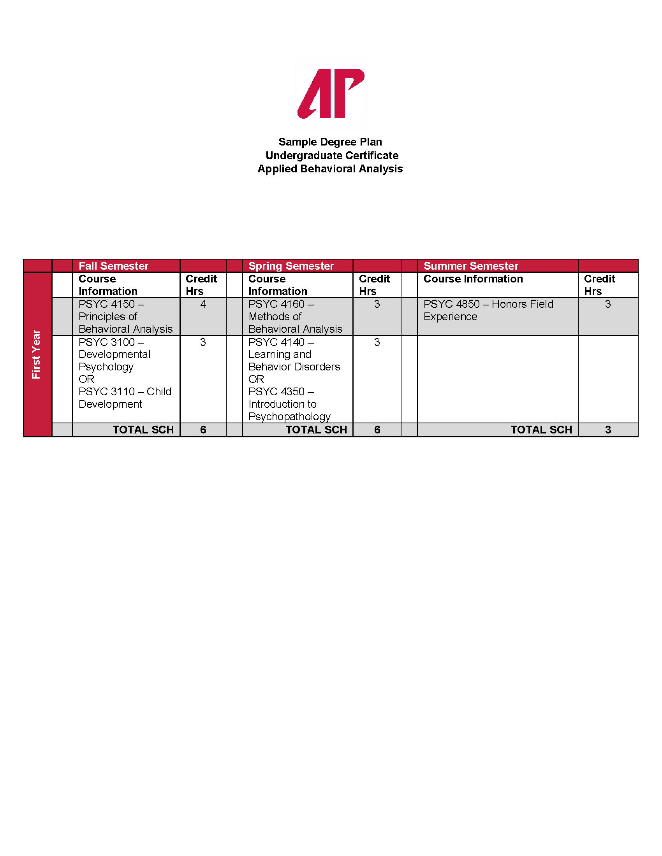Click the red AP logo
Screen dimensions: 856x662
coord(331,94)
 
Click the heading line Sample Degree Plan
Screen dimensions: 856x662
coord(330,142)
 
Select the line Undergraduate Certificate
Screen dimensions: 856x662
coord(331,156)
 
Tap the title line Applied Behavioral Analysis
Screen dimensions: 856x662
coord(330,169)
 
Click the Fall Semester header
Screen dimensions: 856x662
coord(113,266)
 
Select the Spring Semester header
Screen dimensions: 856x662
coord(291,266)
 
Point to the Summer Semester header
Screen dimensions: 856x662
coord(471,266)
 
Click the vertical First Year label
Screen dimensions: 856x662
coord(37,354)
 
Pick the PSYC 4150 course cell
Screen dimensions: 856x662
coord(125,316)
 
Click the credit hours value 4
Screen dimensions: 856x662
coord(203,304)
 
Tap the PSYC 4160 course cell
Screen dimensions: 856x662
coord(295,316)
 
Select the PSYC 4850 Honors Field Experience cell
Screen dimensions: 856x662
coord(488,310)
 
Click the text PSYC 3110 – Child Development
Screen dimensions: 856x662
coord(125,397)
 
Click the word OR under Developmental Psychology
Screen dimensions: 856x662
coord(86,379)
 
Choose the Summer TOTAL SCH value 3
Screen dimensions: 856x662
coord(607,430)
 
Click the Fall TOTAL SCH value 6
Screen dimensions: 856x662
coord(203,430)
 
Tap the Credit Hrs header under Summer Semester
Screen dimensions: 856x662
coord(599,285)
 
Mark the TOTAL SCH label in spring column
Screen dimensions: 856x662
coord(316,430)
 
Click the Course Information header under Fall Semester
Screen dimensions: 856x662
coord(108,285)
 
